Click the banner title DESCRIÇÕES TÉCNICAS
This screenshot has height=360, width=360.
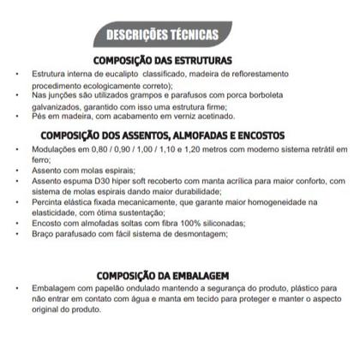click(163, 35)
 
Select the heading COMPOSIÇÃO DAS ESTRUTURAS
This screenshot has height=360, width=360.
click(162, 60)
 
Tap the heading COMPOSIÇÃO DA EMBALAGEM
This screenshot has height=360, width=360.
click(162, 274)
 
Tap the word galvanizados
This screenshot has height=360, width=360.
click(54, 107)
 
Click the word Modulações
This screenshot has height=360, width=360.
click(52, 149)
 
